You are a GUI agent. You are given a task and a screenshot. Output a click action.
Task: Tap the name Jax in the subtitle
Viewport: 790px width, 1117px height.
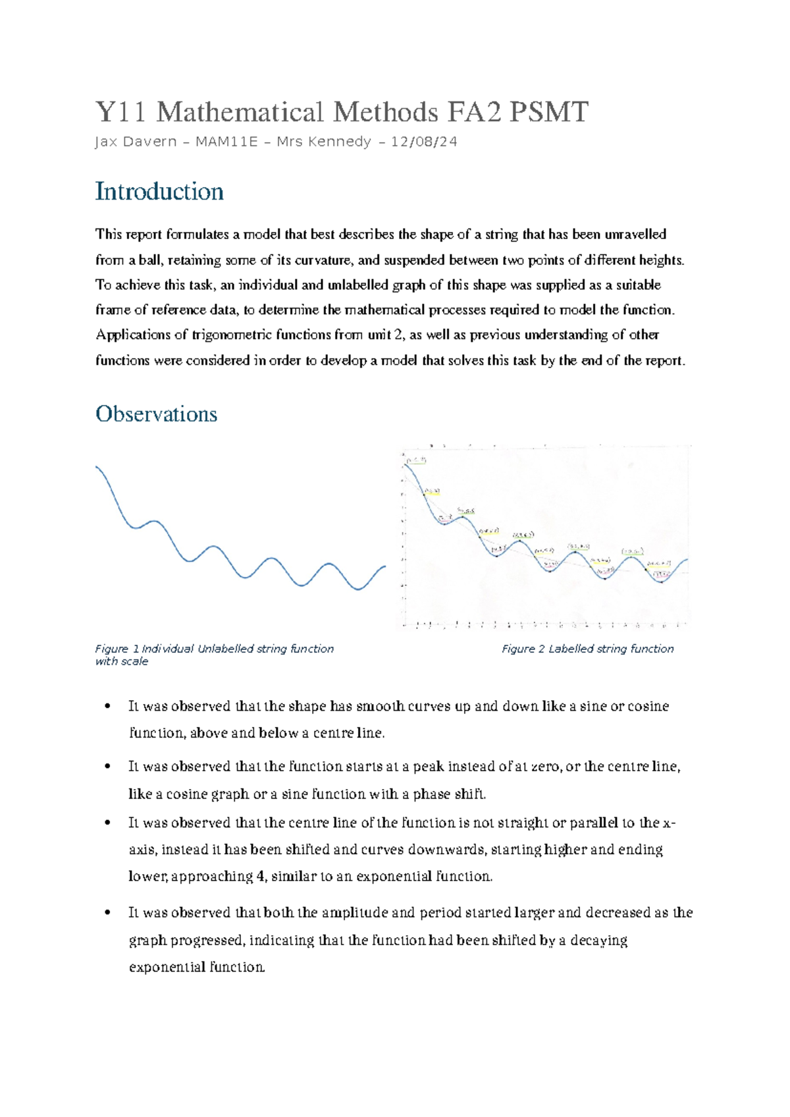tap(106, 142)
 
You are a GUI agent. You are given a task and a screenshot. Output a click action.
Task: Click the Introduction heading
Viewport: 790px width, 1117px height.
tap(159, 192)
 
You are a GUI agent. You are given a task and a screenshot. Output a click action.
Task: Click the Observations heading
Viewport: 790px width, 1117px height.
tap(156, 414)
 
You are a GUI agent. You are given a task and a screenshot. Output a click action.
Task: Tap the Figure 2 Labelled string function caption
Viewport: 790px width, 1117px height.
tap(587, 649)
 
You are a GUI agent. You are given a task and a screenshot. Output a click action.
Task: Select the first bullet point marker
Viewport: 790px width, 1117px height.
tap(107, 707)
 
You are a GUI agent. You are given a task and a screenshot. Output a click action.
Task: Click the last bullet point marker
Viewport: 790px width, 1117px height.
tap(107, 913)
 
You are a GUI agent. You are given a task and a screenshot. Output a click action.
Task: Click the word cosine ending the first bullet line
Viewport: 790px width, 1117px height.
tap(648, 707)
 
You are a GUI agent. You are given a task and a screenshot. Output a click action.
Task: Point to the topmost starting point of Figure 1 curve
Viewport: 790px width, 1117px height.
tap(97, 467)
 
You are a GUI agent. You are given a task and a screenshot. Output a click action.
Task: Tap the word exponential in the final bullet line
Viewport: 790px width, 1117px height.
tap(168, 967)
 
